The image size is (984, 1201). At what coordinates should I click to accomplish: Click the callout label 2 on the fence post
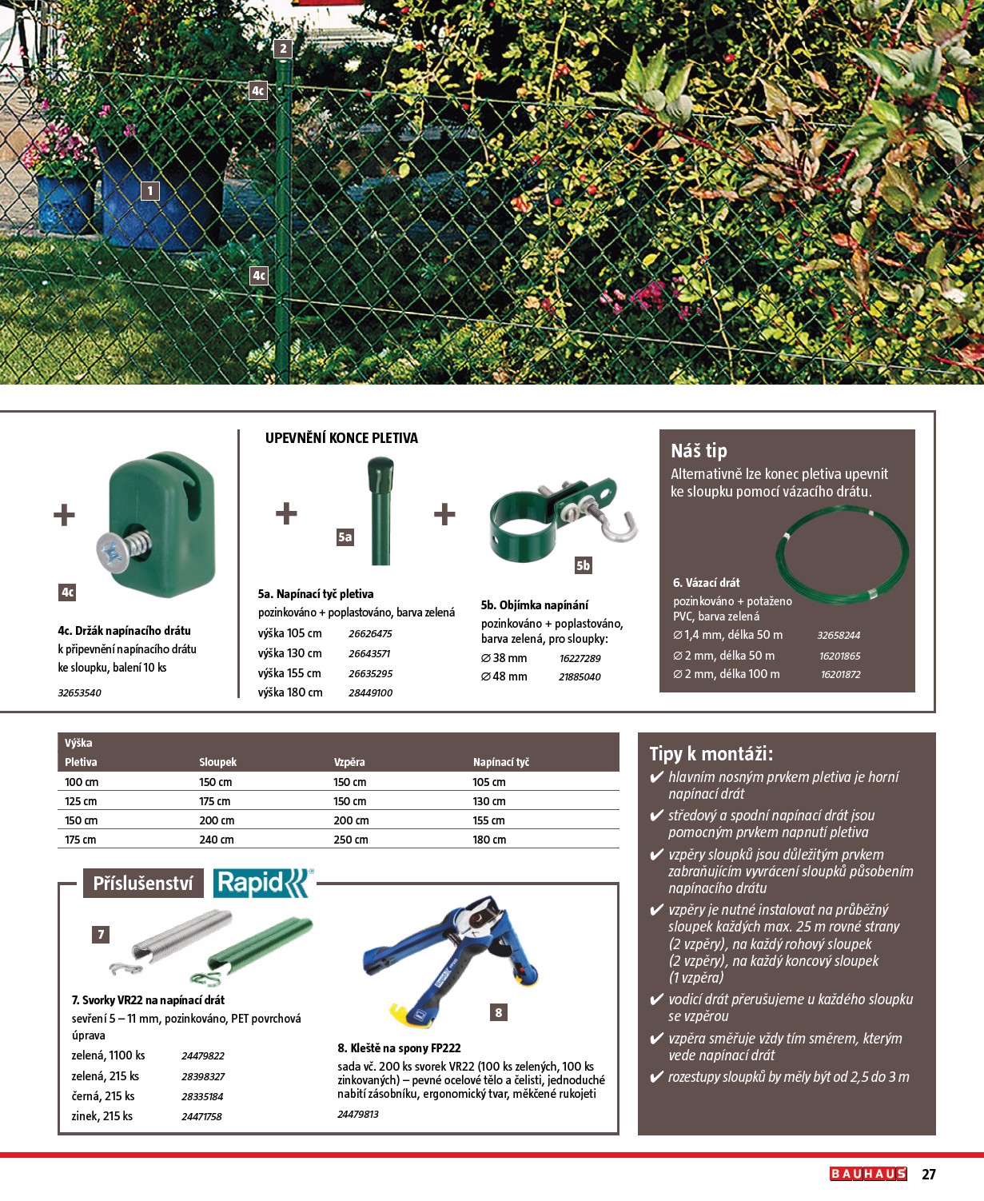tap(283, 49)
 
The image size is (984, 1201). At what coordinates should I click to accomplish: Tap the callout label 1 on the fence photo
tap(149, 191)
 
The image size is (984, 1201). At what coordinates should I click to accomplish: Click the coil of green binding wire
tap(843, 553)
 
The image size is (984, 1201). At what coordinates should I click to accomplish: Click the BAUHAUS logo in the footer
tap(868, 1174)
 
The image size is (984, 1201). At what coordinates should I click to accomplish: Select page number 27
tap(928, 1174)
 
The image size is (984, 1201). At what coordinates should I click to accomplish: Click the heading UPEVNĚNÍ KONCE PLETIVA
tap(341, 438)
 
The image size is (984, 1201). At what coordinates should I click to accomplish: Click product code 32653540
tap(79, 692)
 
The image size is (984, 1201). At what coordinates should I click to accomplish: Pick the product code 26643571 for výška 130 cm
tap(369, 653)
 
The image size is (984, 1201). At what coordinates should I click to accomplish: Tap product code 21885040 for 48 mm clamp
tap(580, 676)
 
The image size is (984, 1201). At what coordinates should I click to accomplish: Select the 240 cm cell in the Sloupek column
tap(217, 840)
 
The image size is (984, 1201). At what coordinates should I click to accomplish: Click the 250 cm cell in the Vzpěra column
tap(351, 840)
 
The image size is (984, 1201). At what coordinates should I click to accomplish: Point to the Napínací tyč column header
tap(501, 762)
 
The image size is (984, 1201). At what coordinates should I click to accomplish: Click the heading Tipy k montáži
tap(711, 754)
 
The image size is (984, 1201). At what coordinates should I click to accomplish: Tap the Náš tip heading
tap(699, 451)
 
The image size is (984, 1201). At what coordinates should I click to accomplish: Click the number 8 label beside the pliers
tap(499, 1012)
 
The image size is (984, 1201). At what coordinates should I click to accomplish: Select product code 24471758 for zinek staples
tap(201, 1116)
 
